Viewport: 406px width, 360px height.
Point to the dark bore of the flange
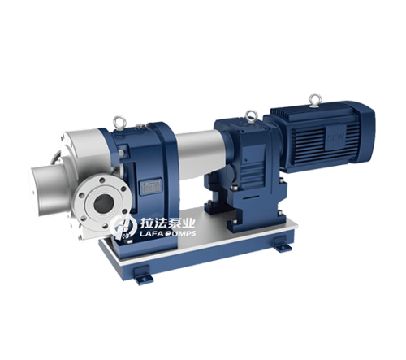click(x=102, y=204)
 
